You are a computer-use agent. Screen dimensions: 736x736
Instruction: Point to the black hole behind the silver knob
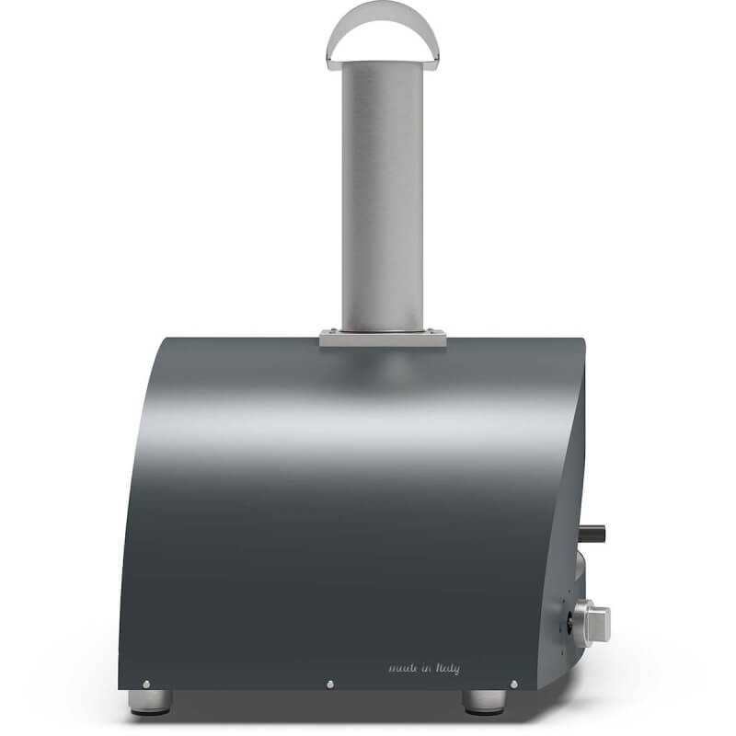[570, 618]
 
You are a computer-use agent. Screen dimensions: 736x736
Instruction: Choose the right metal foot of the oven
[482, 700]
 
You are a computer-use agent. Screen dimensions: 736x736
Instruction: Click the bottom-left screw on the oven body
[144, 684]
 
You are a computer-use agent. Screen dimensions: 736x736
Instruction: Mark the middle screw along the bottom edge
[329, 684]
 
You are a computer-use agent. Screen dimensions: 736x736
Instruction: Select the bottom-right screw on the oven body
[513, 684]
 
